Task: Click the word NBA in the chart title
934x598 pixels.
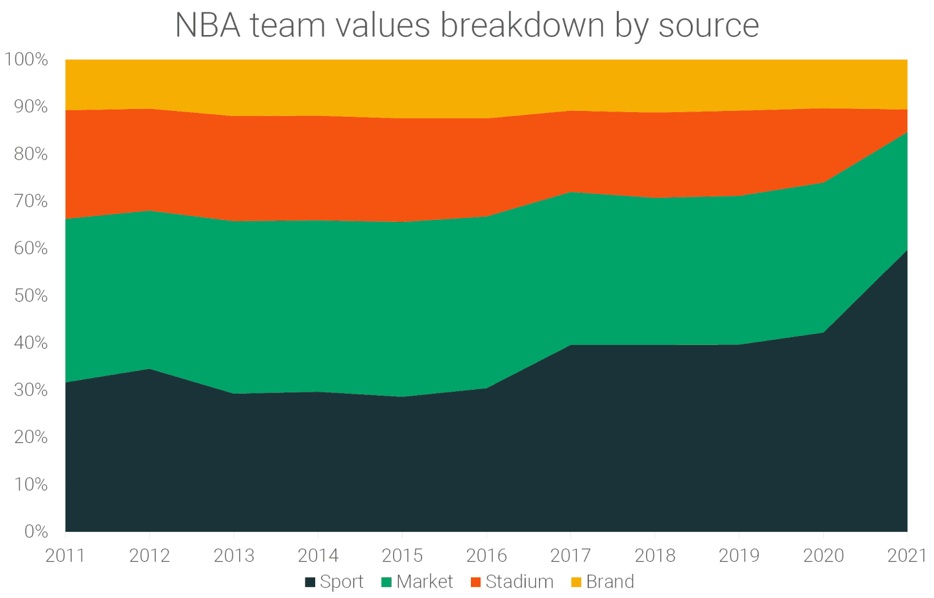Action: (207, 26)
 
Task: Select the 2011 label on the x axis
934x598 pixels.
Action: (66, 555)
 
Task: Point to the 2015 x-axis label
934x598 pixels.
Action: (402, 555)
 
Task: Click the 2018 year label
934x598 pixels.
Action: (654, 555)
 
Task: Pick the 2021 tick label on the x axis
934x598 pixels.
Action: (906, 555)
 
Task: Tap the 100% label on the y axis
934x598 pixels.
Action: (27, 60)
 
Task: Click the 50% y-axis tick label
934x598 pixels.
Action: (30, 296)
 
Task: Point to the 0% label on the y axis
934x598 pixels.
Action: (36, 532)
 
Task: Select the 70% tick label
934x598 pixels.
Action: (30, 201)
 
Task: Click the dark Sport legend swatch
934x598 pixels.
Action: (310, 582)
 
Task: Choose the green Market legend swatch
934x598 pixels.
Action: (387, 582)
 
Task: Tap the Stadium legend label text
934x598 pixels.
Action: (519, 582)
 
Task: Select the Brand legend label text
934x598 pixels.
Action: (610, 582)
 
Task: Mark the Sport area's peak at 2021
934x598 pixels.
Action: (906, 251)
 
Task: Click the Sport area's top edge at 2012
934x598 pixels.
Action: (150, 369)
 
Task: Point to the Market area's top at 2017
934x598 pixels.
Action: (570, 193)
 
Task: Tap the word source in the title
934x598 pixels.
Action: (708, 26)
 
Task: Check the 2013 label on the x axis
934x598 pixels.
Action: (233, 555)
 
